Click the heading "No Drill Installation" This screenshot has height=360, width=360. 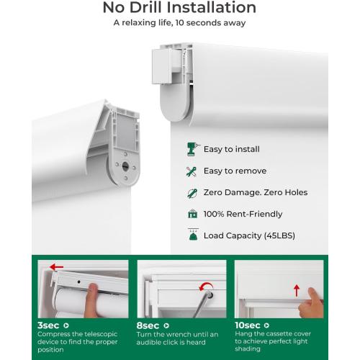click(x=179, y=7)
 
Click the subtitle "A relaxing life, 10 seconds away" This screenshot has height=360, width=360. click(x=179, y=23)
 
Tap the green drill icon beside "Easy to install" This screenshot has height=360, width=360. click(x=193, y=149)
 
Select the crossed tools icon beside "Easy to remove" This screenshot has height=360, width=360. click(x=192, y=171)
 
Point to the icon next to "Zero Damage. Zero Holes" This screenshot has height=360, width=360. click(x=192, y=193)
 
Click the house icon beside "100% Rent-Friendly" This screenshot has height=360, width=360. click(x=192, y=214)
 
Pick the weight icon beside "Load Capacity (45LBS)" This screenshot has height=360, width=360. click(x=193, y=234)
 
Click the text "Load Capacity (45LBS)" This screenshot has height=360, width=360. click(x=249, y=235)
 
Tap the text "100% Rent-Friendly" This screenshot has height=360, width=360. click(x=243, y=214)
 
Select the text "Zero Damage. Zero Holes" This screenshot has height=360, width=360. click(x=256, y=192)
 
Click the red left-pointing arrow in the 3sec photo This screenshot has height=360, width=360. click(x=56, y=267)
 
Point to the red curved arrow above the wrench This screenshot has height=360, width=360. click(x=206, y=287)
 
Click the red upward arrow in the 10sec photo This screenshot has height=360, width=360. click(x=297, y=290)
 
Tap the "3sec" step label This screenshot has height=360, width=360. click(x=48, y=325)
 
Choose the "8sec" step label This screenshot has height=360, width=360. click(x=148, y=325)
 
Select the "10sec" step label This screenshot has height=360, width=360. click(x=248, y=325)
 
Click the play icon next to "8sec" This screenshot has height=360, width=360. click(x=166, y=325)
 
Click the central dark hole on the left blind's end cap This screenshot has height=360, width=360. click(x=125, y=166)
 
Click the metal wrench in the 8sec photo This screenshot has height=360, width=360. click(x=203, y=305)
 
